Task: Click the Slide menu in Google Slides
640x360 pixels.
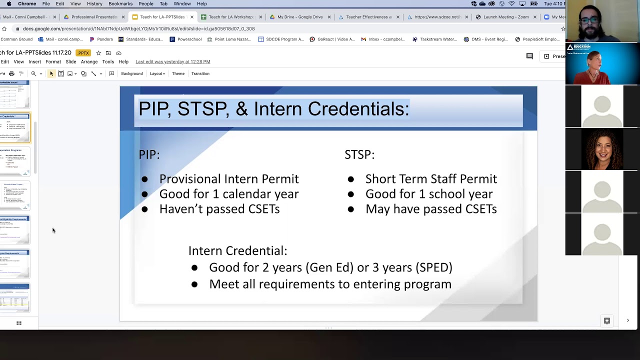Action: tap(70, 61)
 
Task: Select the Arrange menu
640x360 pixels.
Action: tap(89, 61)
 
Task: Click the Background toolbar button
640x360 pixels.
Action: tap(131, 73)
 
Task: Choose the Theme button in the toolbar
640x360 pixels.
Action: tap(178, 73)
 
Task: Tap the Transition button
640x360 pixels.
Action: tap(200, 73)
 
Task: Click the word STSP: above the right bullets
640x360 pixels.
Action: tap(359, 155)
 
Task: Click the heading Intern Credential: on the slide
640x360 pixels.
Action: tap(237, 251)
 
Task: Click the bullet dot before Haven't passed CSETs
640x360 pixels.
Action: tap(144, 209)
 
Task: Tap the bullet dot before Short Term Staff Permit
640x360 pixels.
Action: tap(350, 179)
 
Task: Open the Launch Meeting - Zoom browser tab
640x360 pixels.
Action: tap(505, 17)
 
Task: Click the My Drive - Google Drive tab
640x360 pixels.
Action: tap(299, 17)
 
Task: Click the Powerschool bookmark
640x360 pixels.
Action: tap(189, 39)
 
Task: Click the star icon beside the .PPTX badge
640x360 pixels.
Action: tap(98, 53)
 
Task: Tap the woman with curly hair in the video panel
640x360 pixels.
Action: tap(602, 149)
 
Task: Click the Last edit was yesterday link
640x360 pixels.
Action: tap(172, 61)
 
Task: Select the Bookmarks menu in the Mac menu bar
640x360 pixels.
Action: tap(120, 3)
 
